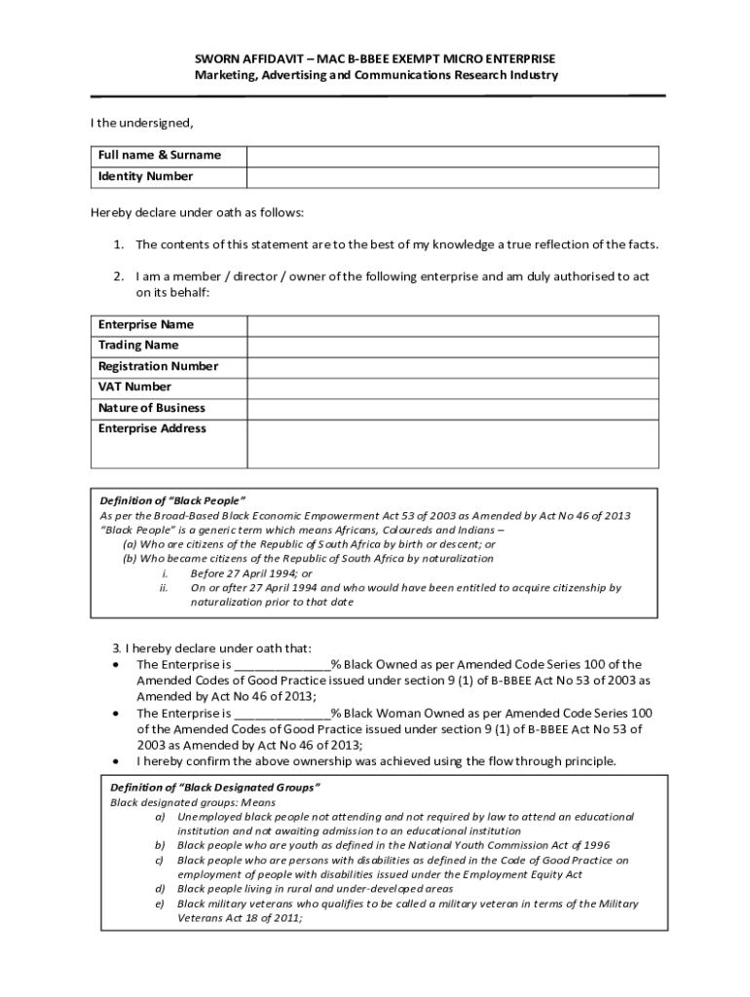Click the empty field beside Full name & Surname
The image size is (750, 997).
coord(452,156)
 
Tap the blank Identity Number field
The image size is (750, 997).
coord(452,177)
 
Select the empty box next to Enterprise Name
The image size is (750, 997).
coord(452,325)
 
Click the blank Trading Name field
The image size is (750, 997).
coord(452,346)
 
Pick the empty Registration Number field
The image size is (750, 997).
coord(452,367)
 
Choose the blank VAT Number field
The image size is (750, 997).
coord(452,388)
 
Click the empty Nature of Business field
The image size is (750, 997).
coord(452,409)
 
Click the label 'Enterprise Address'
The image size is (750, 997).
coord(152,429)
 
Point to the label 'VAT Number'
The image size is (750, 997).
coord(134,388)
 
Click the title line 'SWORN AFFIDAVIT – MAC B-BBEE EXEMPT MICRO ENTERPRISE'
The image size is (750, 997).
coord(375,59)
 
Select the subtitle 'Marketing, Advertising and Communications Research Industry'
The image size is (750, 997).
coord(375,75)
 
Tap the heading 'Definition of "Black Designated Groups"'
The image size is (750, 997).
coord(215,788)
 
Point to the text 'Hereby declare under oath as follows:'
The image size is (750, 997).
coord(198,212)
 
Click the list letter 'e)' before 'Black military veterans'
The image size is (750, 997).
coord(160,905)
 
